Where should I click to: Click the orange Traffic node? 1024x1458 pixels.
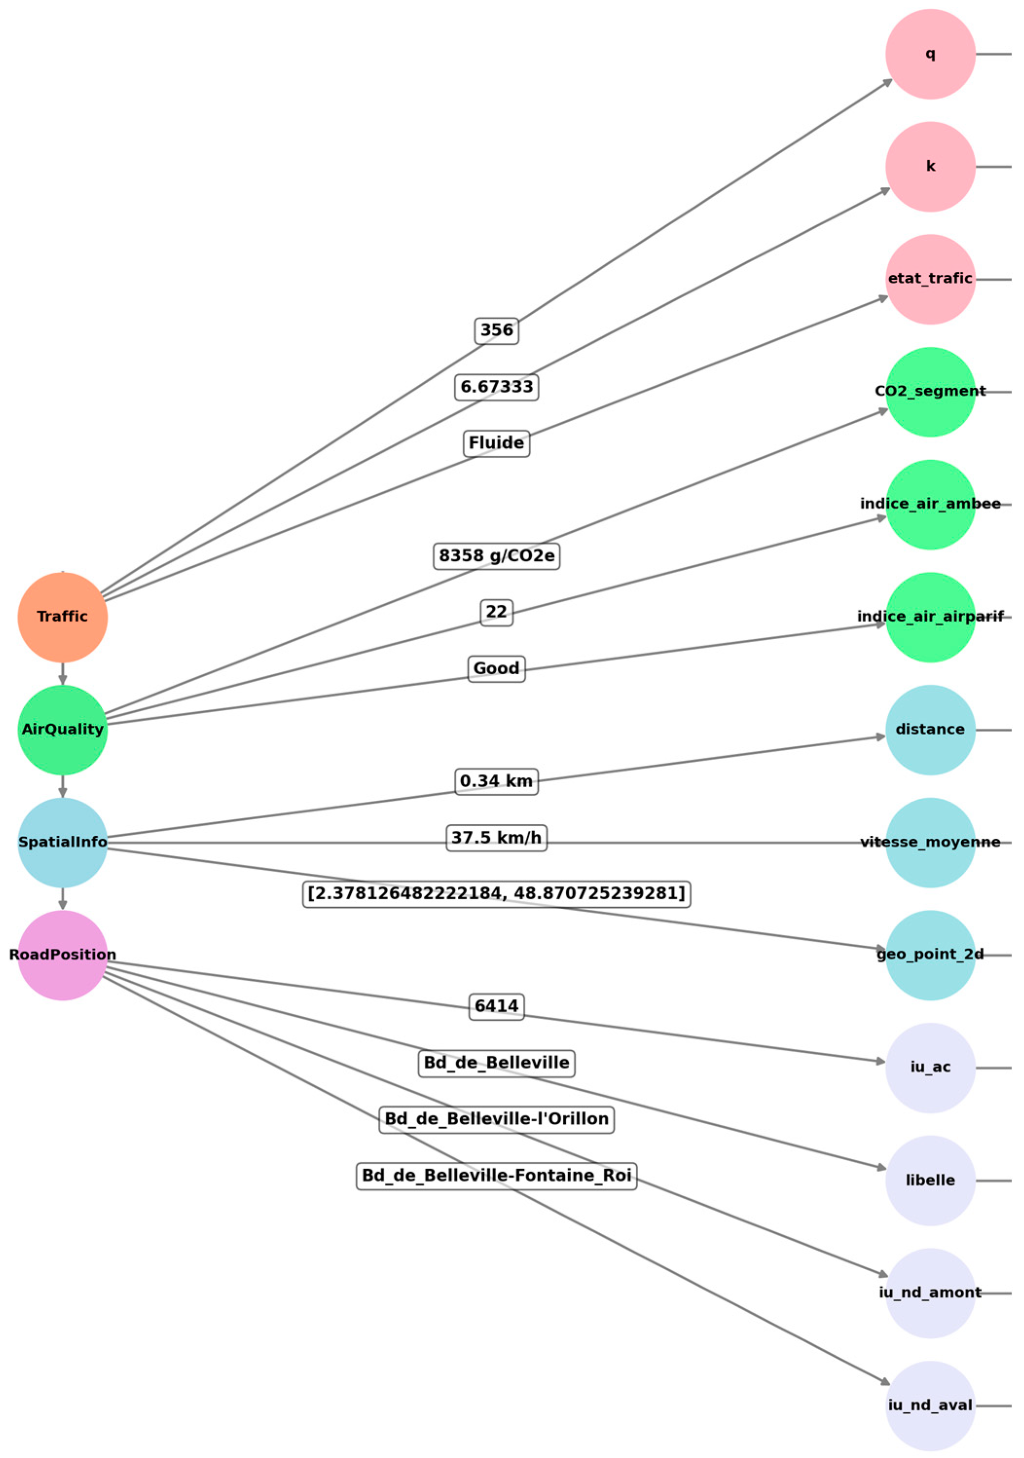(x=62, y=616)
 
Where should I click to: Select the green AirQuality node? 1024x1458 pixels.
(x=62, y=730)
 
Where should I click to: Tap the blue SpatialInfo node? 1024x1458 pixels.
(x=62, y=842)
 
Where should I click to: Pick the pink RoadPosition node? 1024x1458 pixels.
(x=62, y=955)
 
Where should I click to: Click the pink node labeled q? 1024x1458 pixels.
(x=930, y=54)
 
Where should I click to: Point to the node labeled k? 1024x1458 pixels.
(x=930, y=166)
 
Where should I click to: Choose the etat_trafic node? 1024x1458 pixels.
(x=930, y=279)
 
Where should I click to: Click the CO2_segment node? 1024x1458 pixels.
(x=930, y=392)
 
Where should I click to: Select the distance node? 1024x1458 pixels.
(x=930, y=730)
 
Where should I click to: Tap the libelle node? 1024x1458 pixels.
(x=930, y=1180)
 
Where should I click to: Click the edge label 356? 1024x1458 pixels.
(x=497, y=331)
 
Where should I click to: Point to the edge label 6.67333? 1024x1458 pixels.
(x=497, y=387)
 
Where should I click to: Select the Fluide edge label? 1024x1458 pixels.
(x=497, y=443)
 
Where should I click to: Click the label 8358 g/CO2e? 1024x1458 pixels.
(x=497, y=556)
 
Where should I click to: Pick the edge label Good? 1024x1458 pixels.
(x=497, y=668)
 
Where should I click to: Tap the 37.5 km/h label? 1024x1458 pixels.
(x=497, y=838)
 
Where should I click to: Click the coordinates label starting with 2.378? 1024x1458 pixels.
(x=497, y=894)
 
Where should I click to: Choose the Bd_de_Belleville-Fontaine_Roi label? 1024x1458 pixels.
(x=497, y=1176)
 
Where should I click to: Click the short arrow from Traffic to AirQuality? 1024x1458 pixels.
(x=62, y=673)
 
